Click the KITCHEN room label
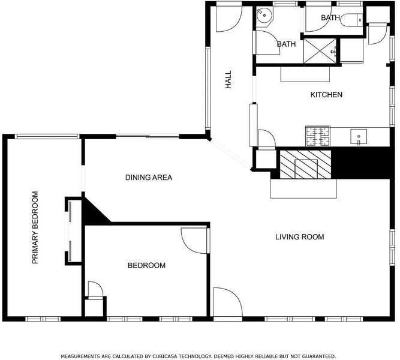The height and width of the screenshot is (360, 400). pos(326,95)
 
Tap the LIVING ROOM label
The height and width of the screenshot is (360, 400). pos(300,237)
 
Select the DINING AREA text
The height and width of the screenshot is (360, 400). pos(149,178)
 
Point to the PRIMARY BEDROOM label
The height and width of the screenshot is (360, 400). pos(35,227)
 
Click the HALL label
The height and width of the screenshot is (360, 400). pos(228,80)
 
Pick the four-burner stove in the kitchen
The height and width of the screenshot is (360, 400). pos(318,136)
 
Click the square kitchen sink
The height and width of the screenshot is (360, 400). pos(359,137)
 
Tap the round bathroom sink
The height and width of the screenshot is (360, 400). pos(264,14)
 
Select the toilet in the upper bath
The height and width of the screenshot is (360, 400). pos(352,19)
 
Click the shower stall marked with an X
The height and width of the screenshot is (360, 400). pos(320,51)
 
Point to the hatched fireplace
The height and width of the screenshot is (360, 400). pos(306,164)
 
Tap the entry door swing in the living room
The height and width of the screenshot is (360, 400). pos(227,302)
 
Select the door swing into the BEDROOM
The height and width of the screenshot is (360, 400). pos(194,241)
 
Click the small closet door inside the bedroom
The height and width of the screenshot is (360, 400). pos(95,289)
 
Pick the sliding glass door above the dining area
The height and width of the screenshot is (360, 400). pos(148,136)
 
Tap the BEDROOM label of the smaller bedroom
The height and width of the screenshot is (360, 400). pos(146,266)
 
